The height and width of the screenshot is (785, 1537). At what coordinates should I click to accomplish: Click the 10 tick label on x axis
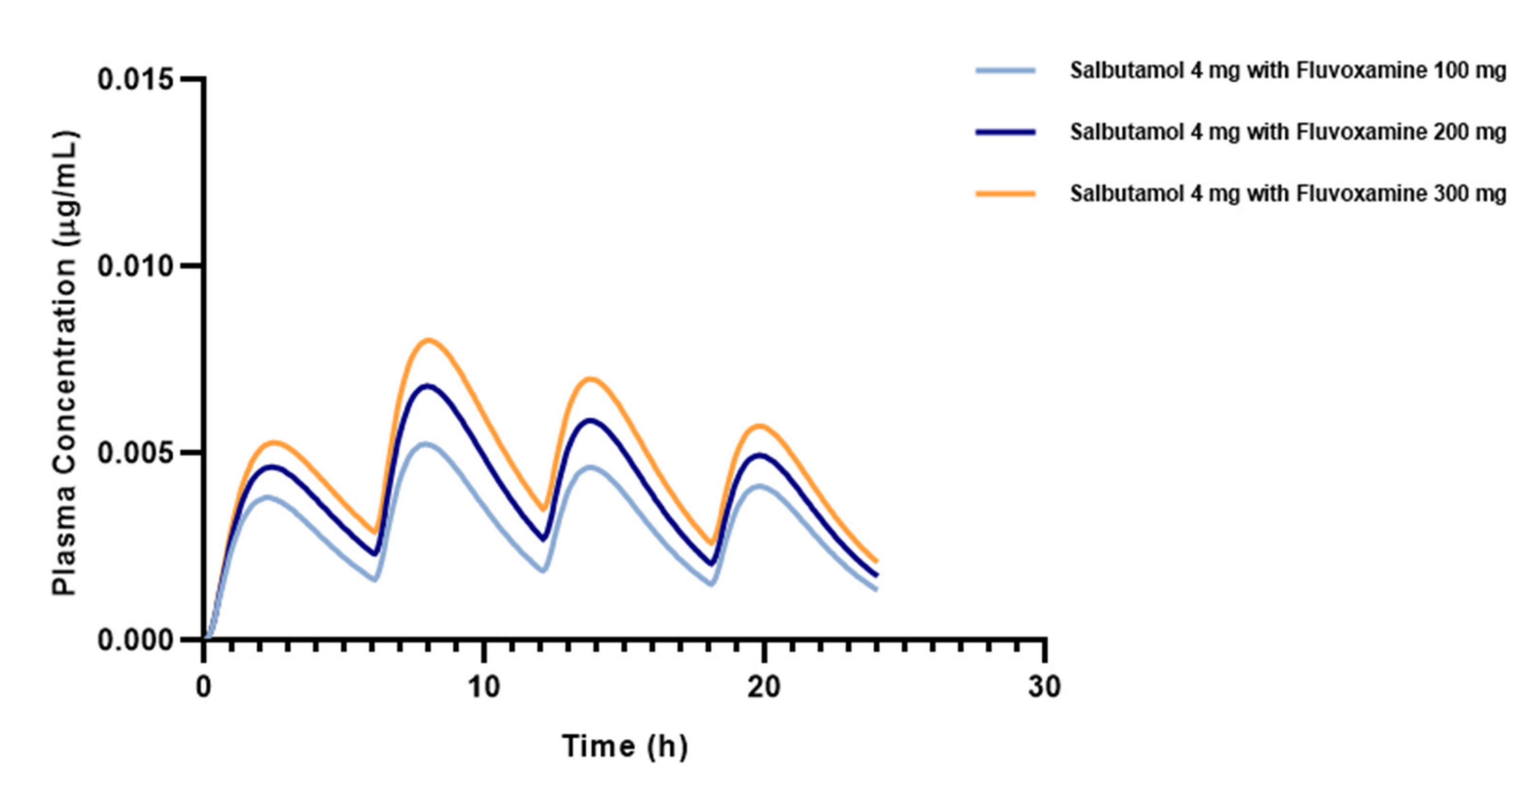(483, 687)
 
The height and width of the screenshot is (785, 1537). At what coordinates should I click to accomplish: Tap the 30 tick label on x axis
(1044, 687)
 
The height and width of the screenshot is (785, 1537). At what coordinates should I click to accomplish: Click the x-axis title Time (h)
(624, 746)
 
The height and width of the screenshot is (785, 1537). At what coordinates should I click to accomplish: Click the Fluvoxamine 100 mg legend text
(1287, 71)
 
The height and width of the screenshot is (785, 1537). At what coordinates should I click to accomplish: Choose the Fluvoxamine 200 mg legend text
(1287, 132)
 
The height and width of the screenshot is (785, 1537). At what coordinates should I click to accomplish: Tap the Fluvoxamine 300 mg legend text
(1287, 193)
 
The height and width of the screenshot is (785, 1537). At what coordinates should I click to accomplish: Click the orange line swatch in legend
(1005, 193)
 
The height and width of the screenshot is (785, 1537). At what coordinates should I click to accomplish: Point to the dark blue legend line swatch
(1005, 132)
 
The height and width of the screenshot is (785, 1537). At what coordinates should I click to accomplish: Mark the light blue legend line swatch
(1005, 71)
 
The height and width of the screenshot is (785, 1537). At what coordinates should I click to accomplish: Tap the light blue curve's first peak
(268, 497)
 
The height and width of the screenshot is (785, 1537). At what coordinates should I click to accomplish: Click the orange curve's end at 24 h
(876, 561)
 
